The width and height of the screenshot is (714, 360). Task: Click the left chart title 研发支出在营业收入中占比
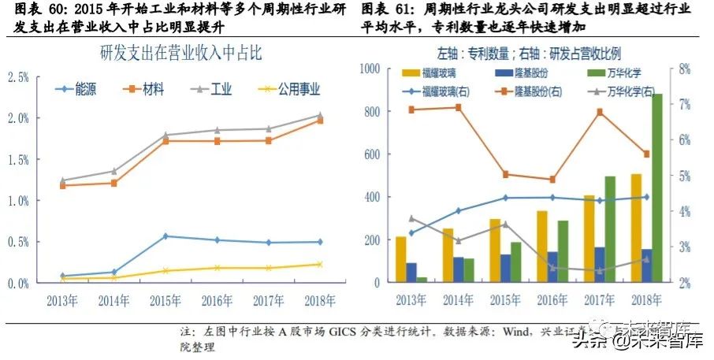pos(180,55)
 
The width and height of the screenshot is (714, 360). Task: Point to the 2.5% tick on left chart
pos(18,76)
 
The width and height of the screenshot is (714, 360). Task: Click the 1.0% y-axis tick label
pos(18,200)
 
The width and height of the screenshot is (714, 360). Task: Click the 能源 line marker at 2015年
pos(165,236)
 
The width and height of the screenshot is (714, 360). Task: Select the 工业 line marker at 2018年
pos(320,116)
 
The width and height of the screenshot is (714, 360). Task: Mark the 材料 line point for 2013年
pos(63,186)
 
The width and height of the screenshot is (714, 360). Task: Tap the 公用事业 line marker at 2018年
pos(320,264)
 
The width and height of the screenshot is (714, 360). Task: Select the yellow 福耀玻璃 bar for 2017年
pos(589,239)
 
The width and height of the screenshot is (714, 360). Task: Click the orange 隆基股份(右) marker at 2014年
pos(459,106)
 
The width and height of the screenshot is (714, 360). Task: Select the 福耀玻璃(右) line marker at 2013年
pos(411,232)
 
